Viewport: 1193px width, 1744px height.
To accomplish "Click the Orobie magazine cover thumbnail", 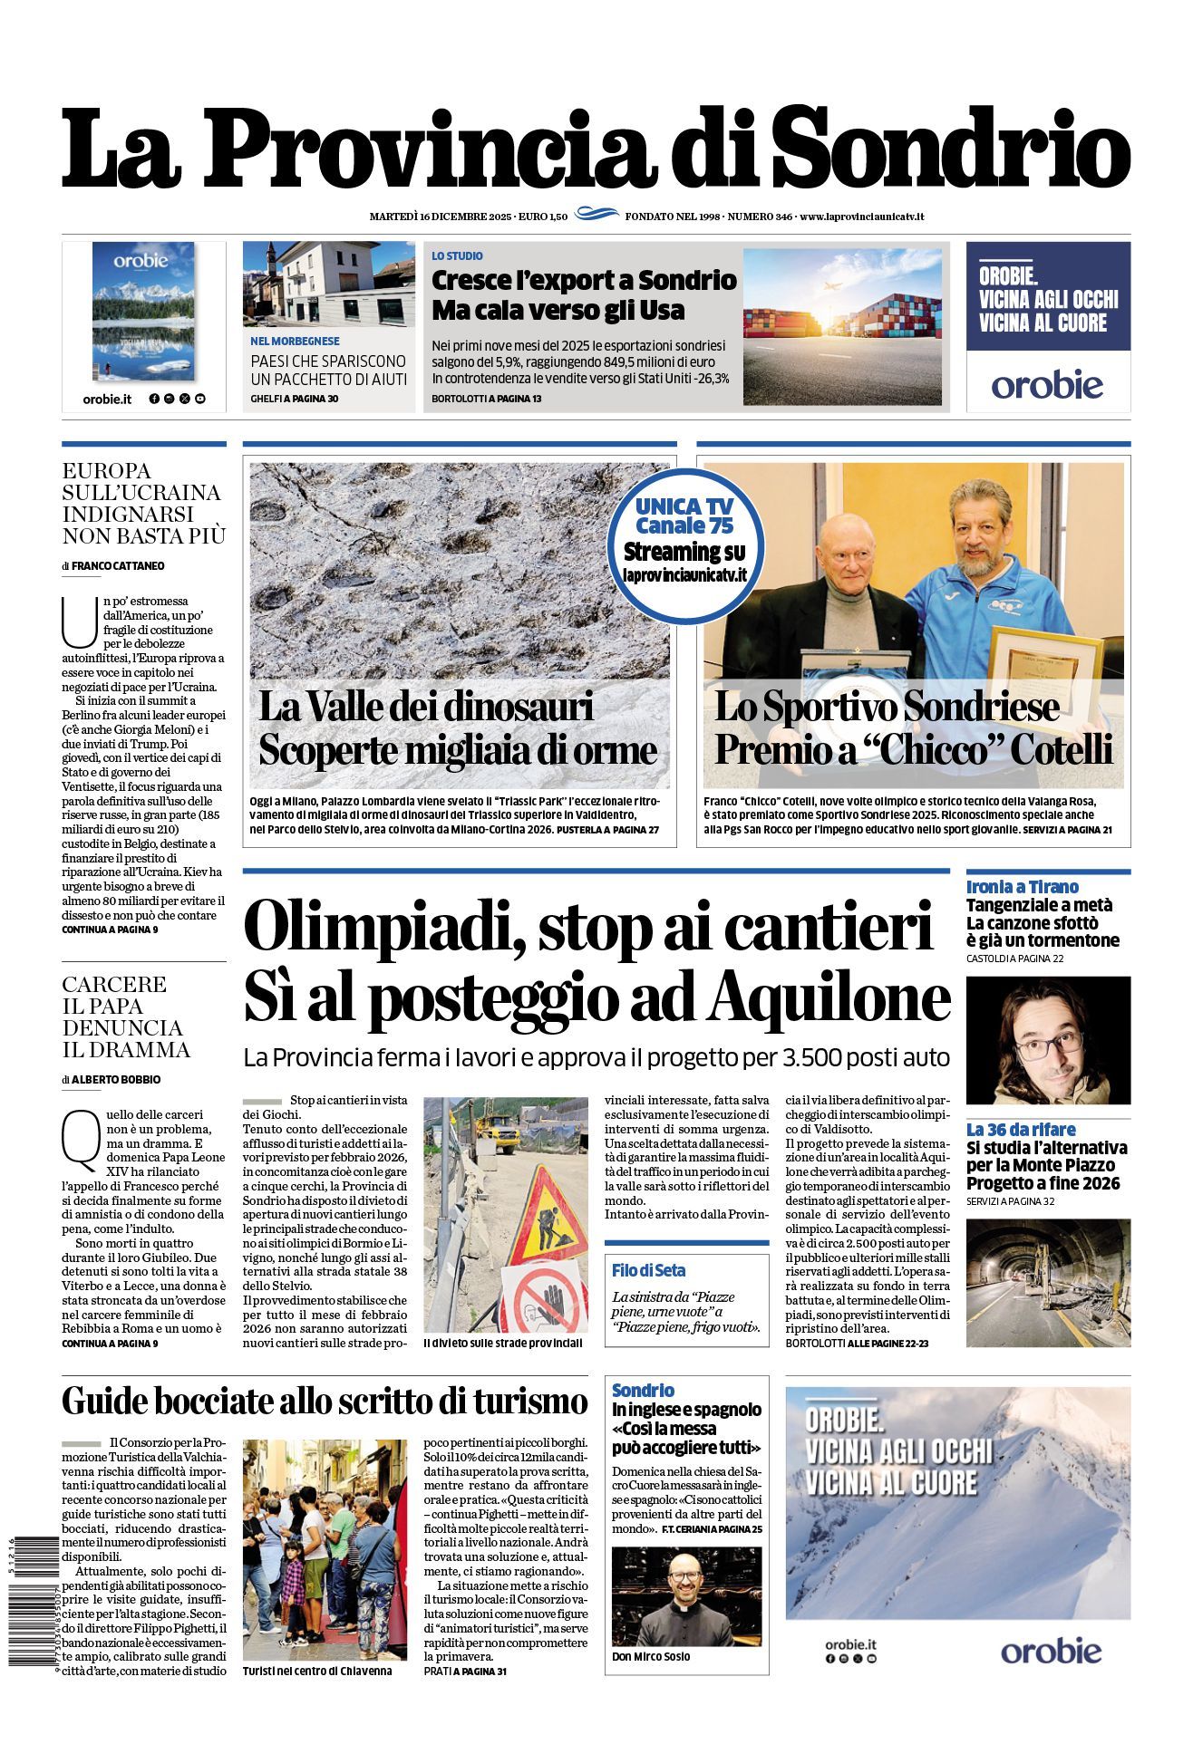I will pos(143,311).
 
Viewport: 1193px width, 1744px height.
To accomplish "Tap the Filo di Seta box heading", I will pos(648,1270).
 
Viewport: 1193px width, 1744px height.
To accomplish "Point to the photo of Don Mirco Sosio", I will pos(686,1596).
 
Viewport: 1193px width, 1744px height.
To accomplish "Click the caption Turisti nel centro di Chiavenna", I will pos(317,1671).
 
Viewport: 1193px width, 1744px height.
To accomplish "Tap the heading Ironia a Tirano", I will pos(1022,887).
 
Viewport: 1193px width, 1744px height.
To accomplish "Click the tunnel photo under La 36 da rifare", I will pos(1048,1283).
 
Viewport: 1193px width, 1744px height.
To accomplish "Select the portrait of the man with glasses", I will pos(1048,1040).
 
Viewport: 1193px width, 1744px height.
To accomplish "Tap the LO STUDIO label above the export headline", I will pos(457,256).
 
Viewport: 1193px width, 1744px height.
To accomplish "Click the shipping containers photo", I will pos(841,327).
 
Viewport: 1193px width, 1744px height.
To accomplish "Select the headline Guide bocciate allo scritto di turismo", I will pos(325,1402).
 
